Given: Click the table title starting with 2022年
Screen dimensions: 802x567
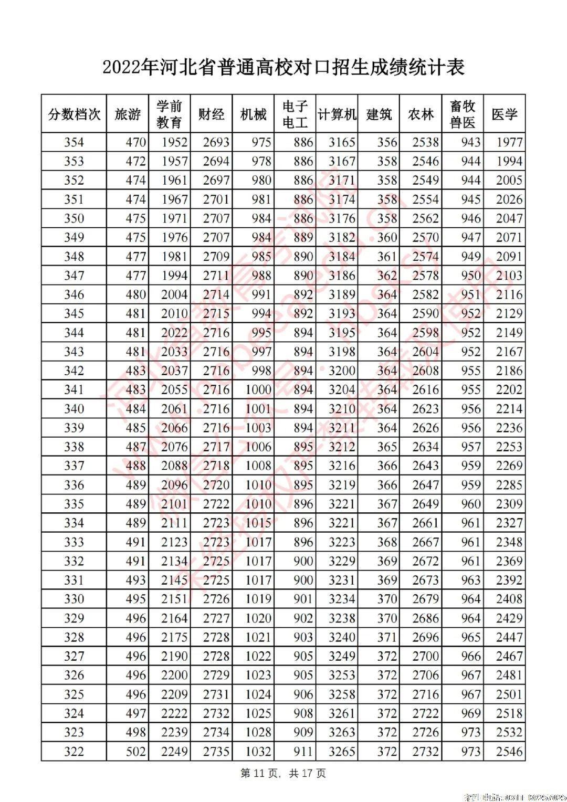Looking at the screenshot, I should click(x=283, y=68).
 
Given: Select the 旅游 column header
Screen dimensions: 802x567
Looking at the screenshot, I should click(x=128, y=114).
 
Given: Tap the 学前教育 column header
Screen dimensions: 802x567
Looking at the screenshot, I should click(x=169, y=114).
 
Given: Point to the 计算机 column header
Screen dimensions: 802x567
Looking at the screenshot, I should click(x=337, y=114).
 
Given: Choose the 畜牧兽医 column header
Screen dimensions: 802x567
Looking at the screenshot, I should click(x=463, y=114).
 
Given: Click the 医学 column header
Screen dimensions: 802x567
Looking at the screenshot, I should click(x=505, y=114).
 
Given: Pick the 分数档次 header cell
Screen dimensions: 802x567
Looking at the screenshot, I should click(x=74, y=114).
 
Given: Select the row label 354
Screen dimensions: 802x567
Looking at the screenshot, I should click(x=74, y=142).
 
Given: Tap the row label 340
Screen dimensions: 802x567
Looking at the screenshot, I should click(x=74, y=409).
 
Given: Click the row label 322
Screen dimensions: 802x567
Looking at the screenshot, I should click(x=74, y=752).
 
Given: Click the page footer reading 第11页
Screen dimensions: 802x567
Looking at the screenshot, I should click(x=283, y=773).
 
